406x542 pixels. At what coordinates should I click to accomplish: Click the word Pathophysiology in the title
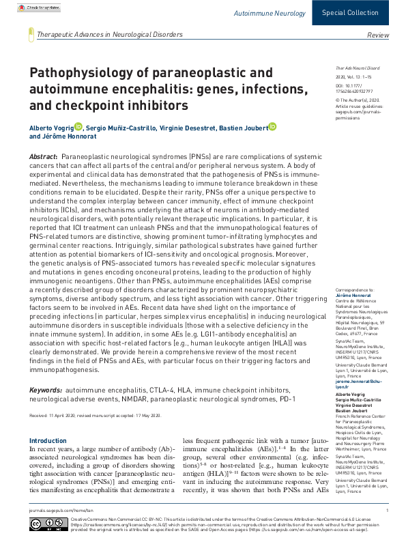pos(75,73)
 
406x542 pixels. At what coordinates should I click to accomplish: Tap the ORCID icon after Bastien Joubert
pos(272,126)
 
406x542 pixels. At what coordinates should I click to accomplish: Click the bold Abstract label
pos(43,157)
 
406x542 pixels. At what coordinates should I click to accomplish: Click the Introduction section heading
pos(48,441)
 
